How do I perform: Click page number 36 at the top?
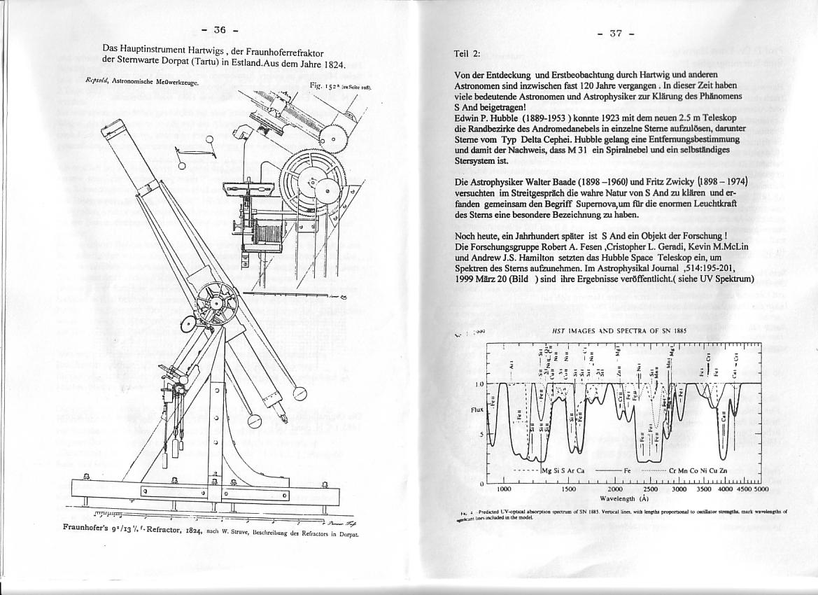pyautogui.click(x=220, y=30)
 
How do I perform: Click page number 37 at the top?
pyautogui.click(x=616, y=34)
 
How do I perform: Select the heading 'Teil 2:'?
pyautogui.click(x=467, y=53)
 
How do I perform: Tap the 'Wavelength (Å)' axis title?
pyautogui.click(x=625, y=499)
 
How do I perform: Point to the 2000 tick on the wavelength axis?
pyautogui.click(x=616, y=489)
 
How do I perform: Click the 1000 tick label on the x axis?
pyautogui.click(x=504, y=489)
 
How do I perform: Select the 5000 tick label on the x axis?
pyautogui.click(x=761, y=489)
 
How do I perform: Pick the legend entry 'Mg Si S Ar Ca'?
pyautogui.click(x=563, y=470)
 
